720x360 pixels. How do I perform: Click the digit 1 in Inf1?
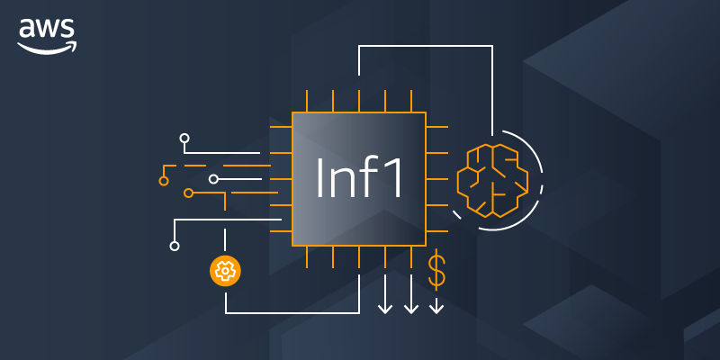pyautogui.click(x=395, y=178)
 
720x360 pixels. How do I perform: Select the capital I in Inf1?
pyautogui.click(x=319, y=178)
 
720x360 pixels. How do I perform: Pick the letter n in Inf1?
pyautogui.click(x=344, y=183)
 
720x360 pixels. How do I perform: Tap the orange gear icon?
pyautogui.click(x=225, y=270)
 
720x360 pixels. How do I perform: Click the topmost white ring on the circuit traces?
pyautogui.click(x=184, y=139)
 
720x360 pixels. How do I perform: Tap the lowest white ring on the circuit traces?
pyautogui.click(x=175, y=246)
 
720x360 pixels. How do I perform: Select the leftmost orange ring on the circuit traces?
pyautogui.click(x=164, y=181)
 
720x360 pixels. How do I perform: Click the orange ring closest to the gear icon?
pyautogui.click(x=188, y=193)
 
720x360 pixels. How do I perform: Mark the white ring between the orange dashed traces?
pyautogui.click(x=213, y=179)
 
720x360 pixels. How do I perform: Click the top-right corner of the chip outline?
pyautogui.click(x=426, y=112)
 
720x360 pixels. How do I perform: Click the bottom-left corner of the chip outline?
pyautogui.click(x=292, y=246)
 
